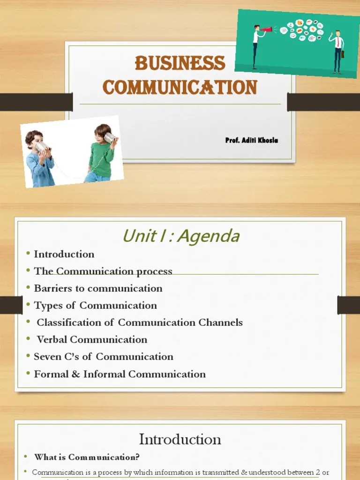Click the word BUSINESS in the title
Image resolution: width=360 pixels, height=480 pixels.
[180, 63]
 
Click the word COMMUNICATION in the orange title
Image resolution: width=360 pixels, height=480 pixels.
[180, 87]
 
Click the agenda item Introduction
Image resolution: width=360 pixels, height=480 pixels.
[64, 254]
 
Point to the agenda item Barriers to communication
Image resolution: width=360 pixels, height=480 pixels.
[98, 288]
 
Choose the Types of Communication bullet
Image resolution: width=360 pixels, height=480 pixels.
[95, 306]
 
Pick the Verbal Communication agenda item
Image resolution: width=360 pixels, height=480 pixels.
[92, 339]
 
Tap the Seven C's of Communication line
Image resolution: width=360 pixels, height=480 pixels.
[103, 357]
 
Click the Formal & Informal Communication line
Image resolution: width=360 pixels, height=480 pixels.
[120, 374]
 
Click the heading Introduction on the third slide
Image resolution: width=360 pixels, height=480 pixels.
[180, 439]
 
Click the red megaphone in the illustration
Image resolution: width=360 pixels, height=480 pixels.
[268, 30]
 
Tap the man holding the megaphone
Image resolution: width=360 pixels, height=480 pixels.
[256, 46]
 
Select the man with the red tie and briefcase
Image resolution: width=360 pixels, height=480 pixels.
[337, 51]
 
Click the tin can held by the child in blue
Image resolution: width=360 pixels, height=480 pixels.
[41, 147]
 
